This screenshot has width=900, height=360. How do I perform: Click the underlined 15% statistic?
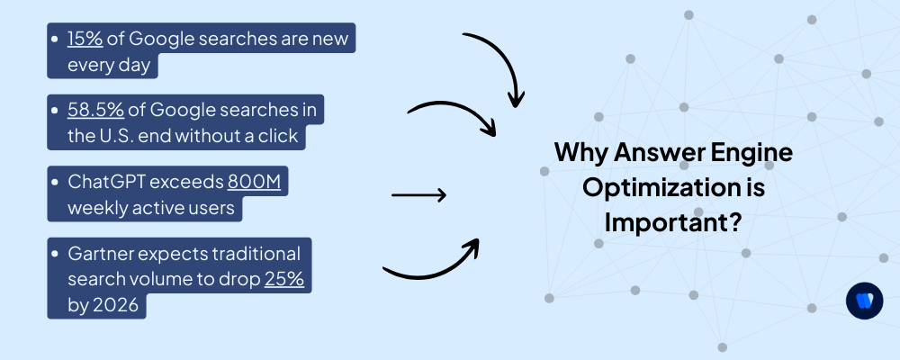[84, 40]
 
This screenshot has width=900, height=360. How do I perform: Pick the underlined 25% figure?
[284, 279]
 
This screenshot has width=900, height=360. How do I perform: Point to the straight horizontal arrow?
[418, 194]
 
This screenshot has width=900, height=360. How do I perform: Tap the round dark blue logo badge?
[864, 301]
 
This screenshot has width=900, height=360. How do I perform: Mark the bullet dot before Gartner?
[58, 253]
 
